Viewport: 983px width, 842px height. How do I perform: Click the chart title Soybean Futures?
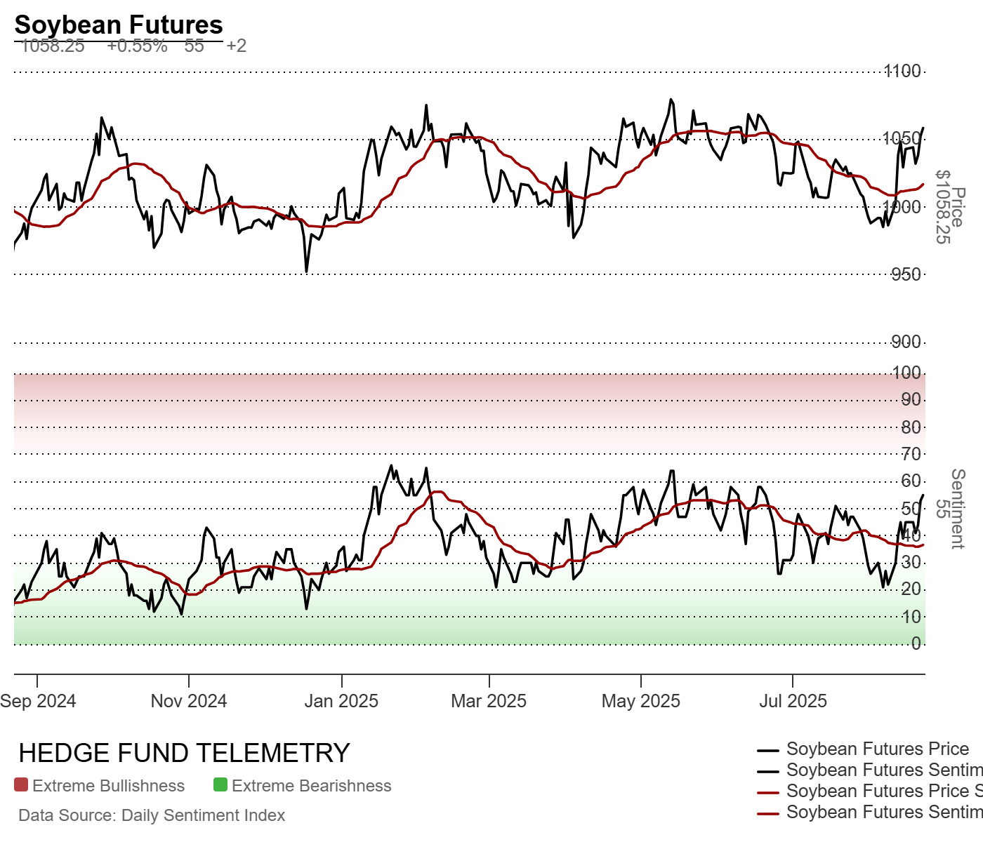tap(119, 25)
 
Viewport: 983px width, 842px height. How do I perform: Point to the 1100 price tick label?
tap(902, 71)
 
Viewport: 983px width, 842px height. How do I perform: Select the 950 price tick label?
tap(906, 274)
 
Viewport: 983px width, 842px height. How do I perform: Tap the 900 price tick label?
tap(906, 342)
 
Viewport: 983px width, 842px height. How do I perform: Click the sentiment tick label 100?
tap(906, 373)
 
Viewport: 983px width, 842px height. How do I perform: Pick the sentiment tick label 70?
tap(911, 454)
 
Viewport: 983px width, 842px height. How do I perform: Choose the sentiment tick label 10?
tap(911, 617)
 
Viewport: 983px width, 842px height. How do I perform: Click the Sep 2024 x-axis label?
tap(38, 701)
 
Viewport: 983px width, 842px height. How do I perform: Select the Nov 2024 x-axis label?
tap(189, 701)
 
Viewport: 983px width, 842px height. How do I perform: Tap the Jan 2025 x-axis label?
tap(341, 701)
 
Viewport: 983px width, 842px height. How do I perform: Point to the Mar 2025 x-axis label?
tap(489, 701)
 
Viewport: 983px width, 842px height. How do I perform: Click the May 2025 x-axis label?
tap(641, 701)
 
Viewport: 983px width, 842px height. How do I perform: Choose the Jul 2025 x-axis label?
tap(793, 701)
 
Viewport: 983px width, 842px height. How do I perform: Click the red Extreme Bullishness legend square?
tap(21, 785)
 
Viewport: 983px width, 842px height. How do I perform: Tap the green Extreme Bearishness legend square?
tap(220, 785)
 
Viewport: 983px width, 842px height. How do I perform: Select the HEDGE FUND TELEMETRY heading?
tap(184, 753)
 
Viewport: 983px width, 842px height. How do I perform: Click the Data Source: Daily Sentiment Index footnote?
tap(152, 815)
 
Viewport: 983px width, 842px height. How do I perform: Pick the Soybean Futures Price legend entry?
tap(877, 749)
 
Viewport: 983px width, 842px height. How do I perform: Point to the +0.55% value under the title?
tap(137, 46)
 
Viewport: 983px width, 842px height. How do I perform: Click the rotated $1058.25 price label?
tap(943, 207)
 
